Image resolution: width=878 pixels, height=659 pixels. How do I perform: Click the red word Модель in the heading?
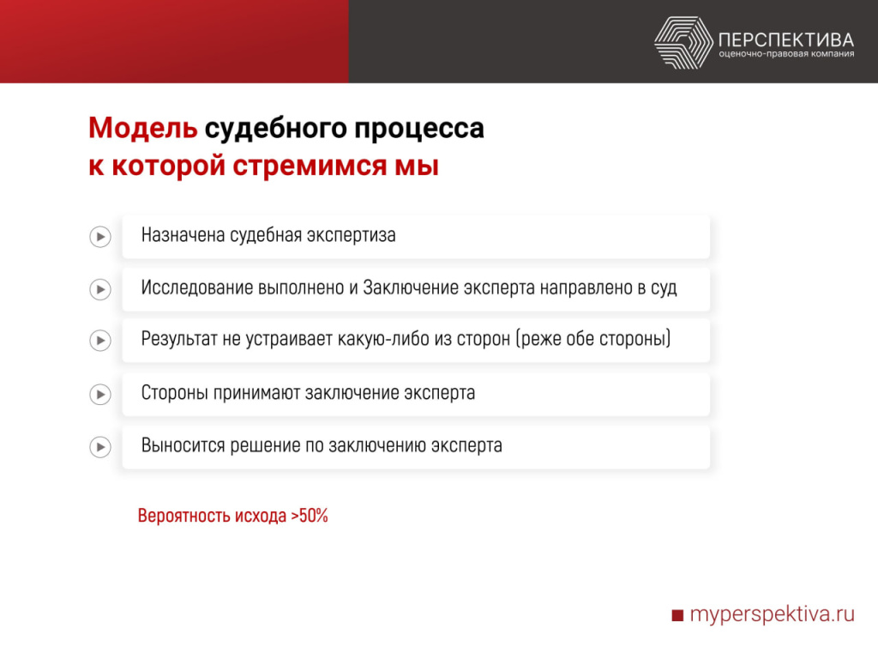142,129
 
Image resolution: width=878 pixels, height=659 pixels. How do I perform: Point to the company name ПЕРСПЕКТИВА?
786,39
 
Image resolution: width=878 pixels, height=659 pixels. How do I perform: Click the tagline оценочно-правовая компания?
786,56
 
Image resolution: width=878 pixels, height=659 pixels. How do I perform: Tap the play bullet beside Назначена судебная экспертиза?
100,236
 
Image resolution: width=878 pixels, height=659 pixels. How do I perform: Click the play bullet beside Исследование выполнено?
100,289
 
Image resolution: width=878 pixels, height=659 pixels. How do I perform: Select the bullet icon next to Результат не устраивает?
100,341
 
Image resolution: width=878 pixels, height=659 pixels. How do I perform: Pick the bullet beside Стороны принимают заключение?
100,395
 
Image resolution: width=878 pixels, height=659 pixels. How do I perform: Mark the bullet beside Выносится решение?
100,447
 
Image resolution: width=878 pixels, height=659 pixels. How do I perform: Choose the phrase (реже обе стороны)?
592,340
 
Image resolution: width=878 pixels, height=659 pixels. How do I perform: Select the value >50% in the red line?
310,517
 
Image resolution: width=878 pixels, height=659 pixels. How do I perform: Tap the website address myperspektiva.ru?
773,614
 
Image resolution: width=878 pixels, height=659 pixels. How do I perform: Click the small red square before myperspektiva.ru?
677,615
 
